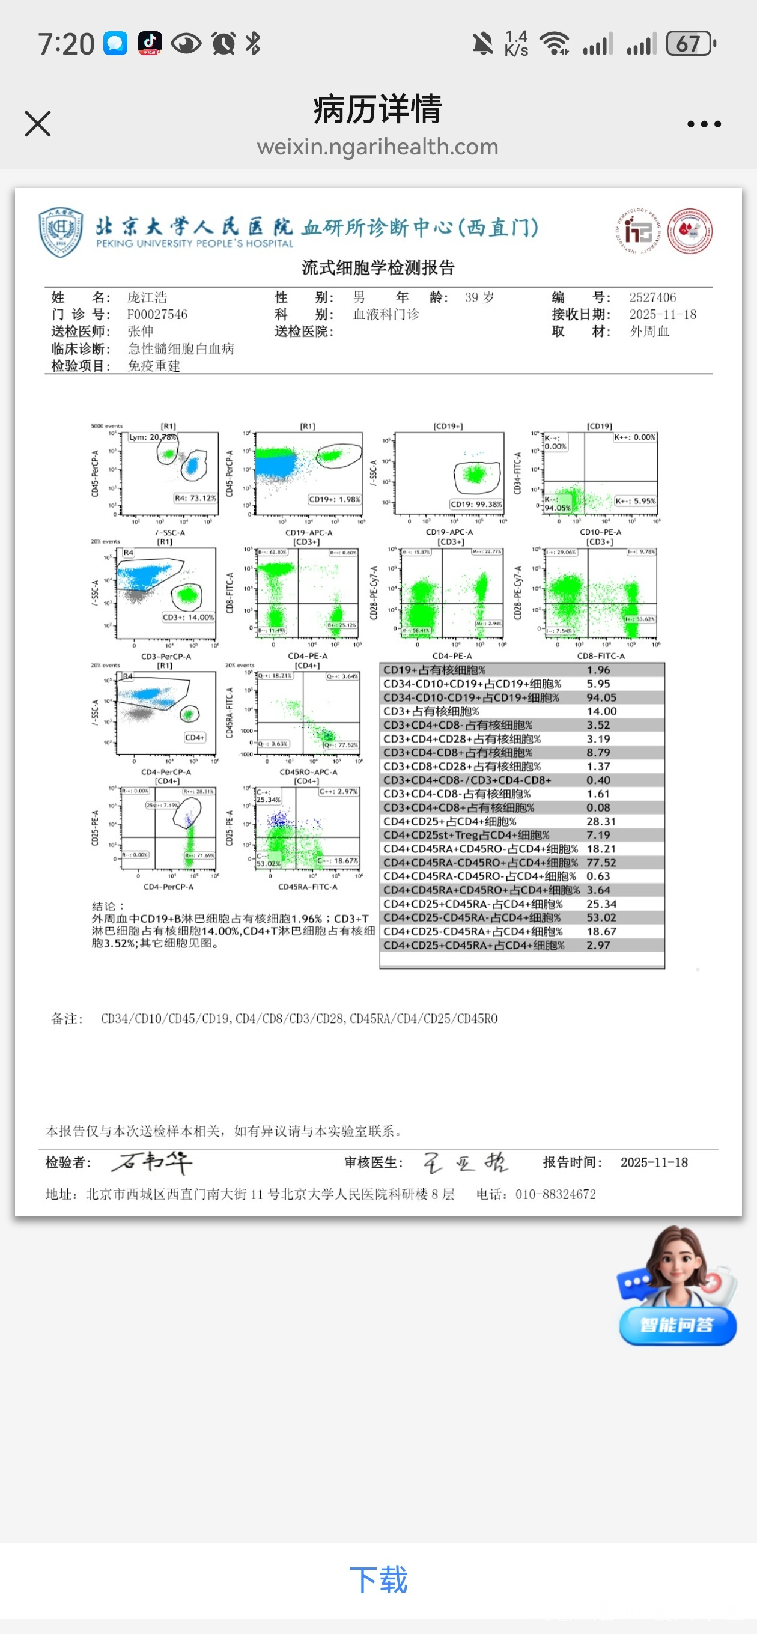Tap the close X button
pyautogui.click(x=37, y=124)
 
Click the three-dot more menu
pyautogui.click(x=704, y=124)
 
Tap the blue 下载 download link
pyautogui.click(x=378, y=1579)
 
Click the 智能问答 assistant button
pyautogui.click(x=677, y=1325)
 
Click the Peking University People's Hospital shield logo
pyautogui.click(x=61, y=231)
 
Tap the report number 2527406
pyautogui.click(x=652, y=297)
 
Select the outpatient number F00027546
pyautogui.click(x=157, y=315)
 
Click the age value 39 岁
pyautogui.click(x=479, y=297)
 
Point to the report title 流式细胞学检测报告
pyautogui.click(x=378, y=268)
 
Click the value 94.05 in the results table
pyautogui.click(x=601, y=697)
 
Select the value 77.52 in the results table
pyautogui.click(x=601, y=863)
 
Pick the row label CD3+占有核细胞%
pyautogui.click(x=431, y=712)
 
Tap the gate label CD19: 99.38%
pyautogui.click(x=476, y=504)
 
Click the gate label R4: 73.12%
pyautogui.click(x=195, y=498)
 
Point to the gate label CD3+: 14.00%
pyautogui.click(x=188, y=617)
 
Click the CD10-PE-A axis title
pyautogui.click(x=600, y=532)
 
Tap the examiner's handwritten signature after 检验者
pyautogui.click(x=152, y=1162)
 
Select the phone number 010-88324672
pyautogui.click(x=555, y=1194)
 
